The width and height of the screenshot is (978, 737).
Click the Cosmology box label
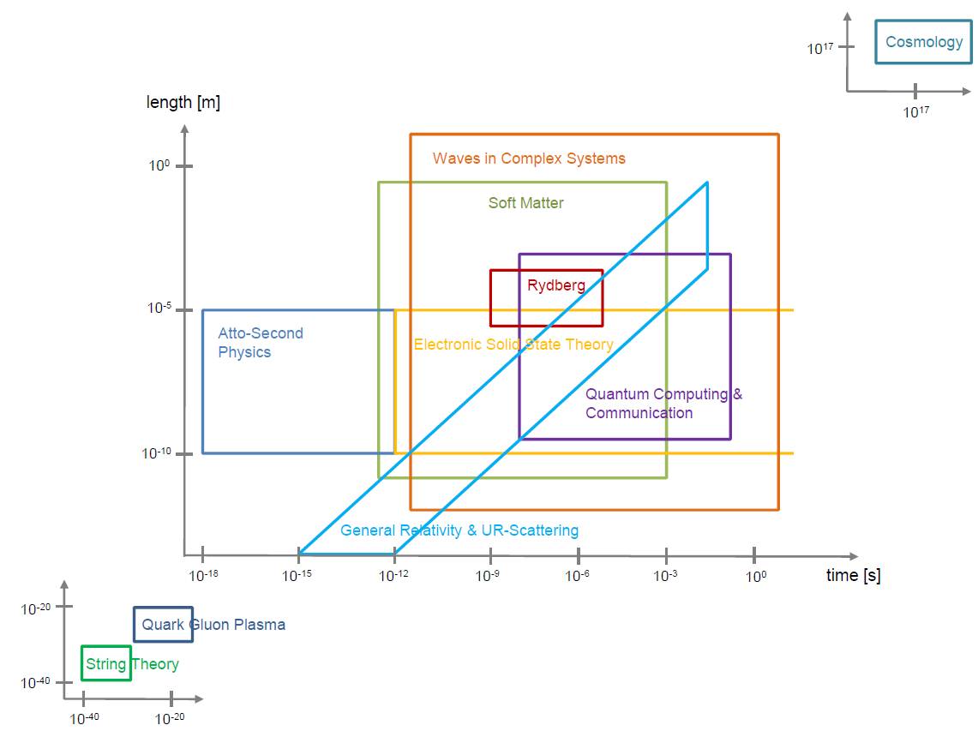924,42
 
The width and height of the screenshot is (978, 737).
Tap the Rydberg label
556,285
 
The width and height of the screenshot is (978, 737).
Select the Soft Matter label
525,202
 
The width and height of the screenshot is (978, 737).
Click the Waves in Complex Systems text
529,159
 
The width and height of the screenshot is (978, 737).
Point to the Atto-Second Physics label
261,342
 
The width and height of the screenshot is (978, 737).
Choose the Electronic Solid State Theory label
513,345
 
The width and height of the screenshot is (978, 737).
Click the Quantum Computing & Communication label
663,404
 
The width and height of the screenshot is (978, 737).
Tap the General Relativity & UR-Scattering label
459,530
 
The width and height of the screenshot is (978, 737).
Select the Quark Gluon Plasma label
213,624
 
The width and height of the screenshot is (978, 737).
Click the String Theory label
132,664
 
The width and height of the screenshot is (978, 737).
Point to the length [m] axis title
183,102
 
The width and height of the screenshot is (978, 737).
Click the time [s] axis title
853,575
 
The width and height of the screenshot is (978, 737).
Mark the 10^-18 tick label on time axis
203,575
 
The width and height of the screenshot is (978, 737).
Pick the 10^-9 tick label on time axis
487,575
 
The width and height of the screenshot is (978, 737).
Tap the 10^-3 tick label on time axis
665,575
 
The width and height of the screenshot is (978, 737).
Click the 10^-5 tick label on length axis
159,308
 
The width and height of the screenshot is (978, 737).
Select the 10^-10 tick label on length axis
156,452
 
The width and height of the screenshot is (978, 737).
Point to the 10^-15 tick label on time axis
297,575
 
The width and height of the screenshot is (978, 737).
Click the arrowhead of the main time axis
854,555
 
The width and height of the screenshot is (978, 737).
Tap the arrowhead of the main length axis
184,129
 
